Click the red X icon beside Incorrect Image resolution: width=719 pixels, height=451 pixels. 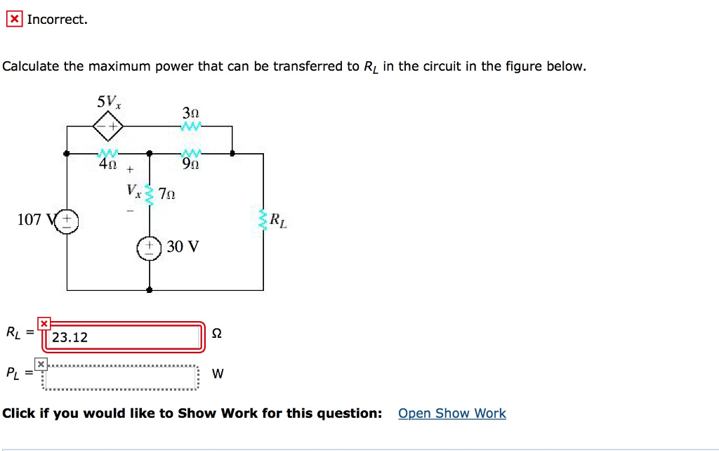(x=14, y=20)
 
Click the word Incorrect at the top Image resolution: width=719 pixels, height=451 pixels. (x=58, y=20)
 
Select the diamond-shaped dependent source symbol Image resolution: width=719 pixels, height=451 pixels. (x=108, y=126)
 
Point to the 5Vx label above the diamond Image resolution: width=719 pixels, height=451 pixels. (x=109, y=101)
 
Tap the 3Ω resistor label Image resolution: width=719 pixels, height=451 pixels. (x=190, y=112)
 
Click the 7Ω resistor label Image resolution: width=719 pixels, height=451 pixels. (x=166, y=194)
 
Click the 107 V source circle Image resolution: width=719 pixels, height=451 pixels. (x=67, y=221)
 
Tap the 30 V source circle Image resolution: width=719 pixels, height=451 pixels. (x=150, y=247)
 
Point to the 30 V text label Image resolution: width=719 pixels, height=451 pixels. (x=183, y=247)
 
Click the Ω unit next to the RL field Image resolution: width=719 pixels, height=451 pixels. (x=217, y=334)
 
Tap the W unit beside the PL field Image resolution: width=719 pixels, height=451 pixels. (x=218, y=374)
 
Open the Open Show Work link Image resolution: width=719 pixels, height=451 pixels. (x=451, y=413)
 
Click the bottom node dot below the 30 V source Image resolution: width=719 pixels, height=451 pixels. (x=150, y=289)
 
